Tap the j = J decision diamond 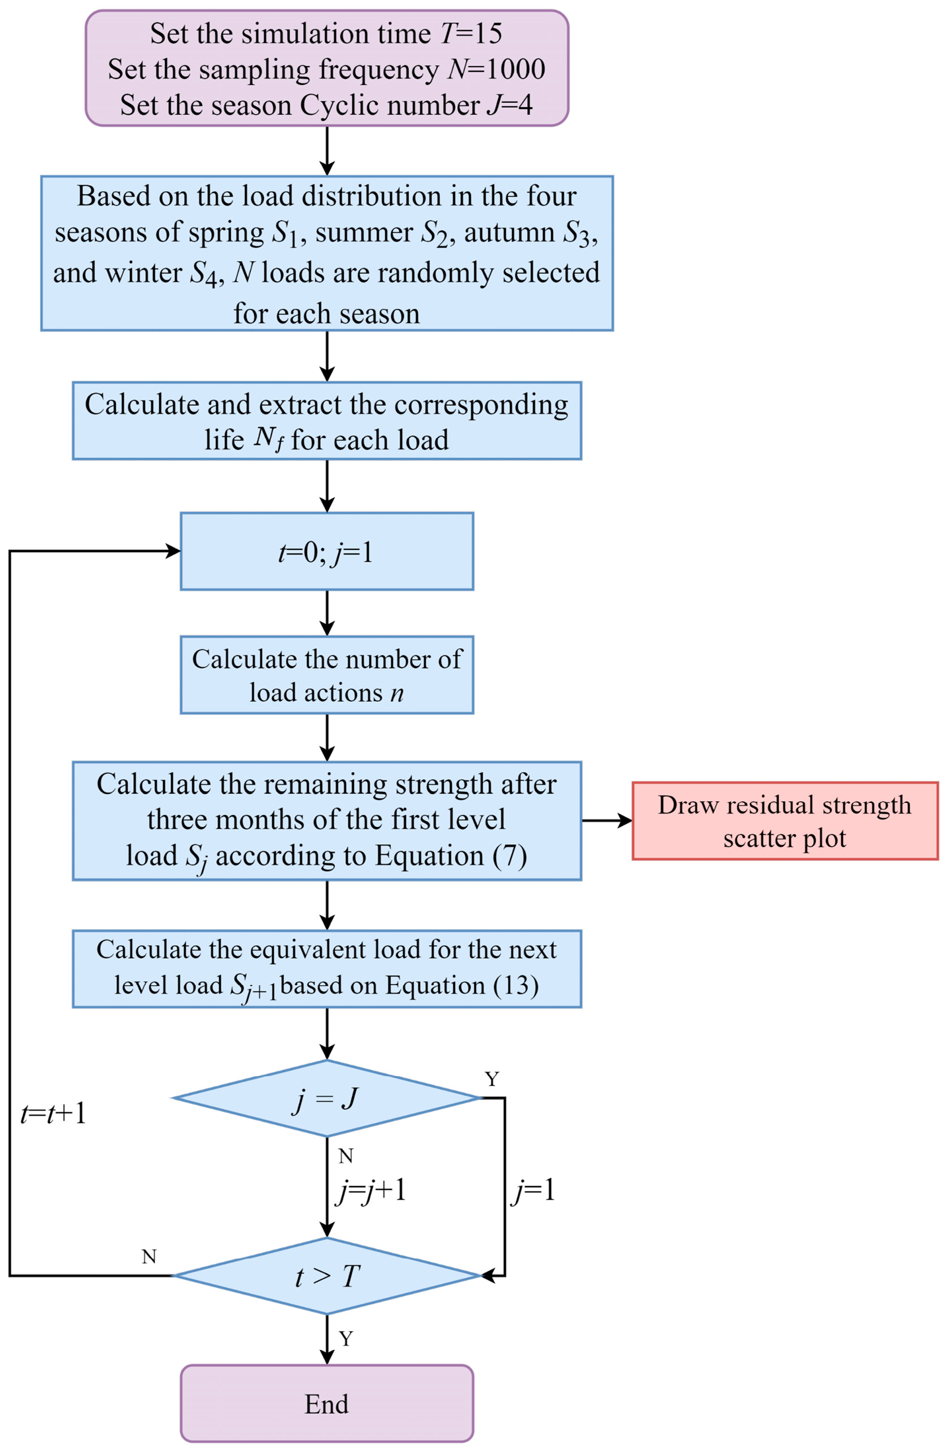tap(327, 1098)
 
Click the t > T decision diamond tap(327, 1275)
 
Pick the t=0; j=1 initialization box tap(327, 551)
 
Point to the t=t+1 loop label tap(53, 1114)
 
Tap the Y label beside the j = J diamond tap(492, 1079)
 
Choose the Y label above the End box tap(346, 1339)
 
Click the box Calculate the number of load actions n tap(327, 675)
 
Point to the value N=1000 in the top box tap(496, 69)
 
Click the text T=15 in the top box tap(471, 33)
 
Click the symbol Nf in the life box tap(269, 440)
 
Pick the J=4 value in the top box tap(510, 105)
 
